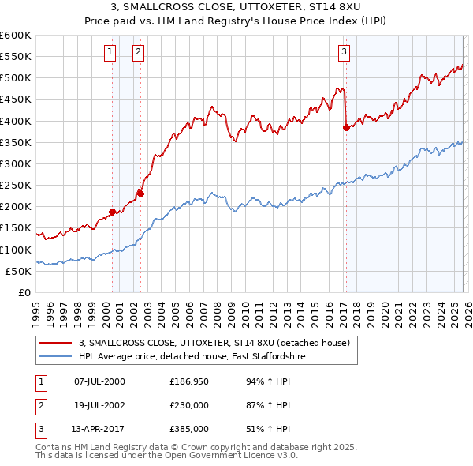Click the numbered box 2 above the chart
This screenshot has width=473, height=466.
tap(138, 52)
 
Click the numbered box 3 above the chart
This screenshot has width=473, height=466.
tap(345, 52)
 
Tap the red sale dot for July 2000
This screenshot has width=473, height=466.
tap(112, 212)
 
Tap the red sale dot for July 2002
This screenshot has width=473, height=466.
tap(140, 193)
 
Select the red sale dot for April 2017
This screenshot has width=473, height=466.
tap(346, 126)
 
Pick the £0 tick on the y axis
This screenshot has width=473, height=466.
tap(25, 292)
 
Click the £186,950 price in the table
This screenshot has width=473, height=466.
tap(187, 381)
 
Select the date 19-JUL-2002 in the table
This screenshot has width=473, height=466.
tap(97, 405)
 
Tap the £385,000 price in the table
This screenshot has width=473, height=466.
tap(187, 429)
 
